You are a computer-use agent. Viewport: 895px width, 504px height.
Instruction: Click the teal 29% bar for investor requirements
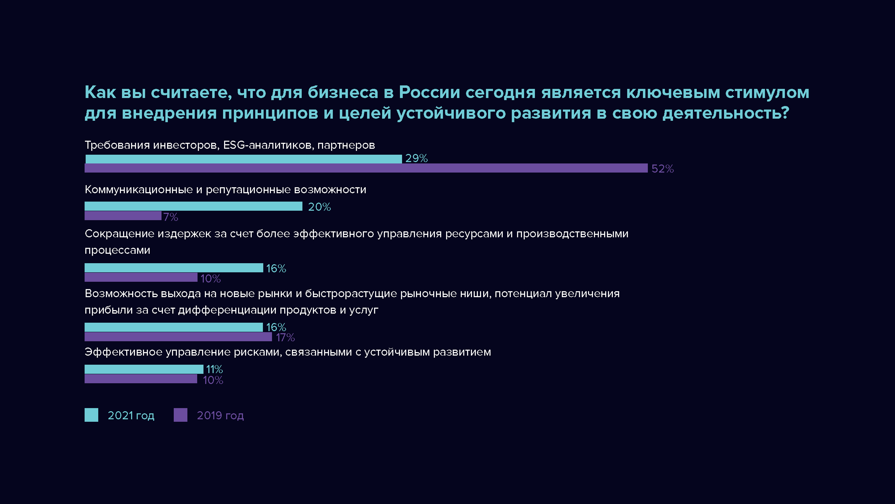click(243, 159)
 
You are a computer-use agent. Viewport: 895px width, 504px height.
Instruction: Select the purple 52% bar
click(366, 168)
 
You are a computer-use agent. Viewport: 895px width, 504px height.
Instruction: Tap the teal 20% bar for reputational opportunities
click(193, 206)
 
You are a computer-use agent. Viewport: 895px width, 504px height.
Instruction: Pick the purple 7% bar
click(123, 216)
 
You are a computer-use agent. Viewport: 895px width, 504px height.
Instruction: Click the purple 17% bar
click(178, 337)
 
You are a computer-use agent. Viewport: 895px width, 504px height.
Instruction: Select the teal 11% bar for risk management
click(144, 369)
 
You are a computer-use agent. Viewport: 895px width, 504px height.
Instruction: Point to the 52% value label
click(663, 169)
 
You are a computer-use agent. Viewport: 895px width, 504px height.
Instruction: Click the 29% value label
click(416, 159)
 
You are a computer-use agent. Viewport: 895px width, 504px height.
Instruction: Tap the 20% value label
click(319, 207)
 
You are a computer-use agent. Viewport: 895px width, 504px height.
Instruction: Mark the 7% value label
click(171, 217)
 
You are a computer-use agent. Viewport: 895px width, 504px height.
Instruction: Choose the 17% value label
click(285, 338)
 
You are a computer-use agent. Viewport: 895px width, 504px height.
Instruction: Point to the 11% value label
click(214, 369)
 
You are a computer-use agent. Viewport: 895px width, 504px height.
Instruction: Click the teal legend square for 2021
click(91, 415)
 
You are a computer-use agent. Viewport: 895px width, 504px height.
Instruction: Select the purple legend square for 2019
click(180, 415)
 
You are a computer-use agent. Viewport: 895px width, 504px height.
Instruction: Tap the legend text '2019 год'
click(220, 415)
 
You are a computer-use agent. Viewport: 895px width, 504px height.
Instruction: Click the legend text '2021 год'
click(131, 415)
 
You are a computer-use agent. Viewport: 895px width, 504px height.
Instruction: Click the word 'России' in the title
click(429, 92)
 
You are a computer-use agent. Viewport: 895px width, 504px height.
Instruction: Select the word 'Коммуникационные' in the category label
click(139, 190)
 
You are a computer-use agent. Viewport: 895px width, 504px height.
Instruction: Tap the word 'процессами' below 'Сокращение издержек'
click(117, 250)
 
